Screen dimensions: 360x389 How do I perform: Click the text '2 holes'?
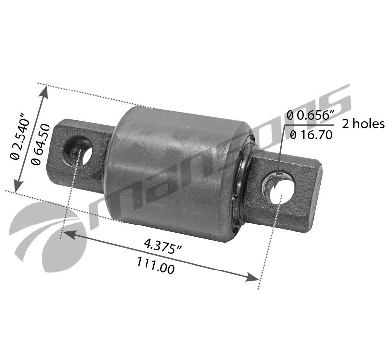tap(363, 124)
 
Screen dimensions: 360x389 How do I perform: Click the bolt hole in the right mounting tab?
tap(282, 188)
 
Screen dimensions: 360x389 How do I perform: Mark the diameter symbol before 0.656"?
tap(291, 116)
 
